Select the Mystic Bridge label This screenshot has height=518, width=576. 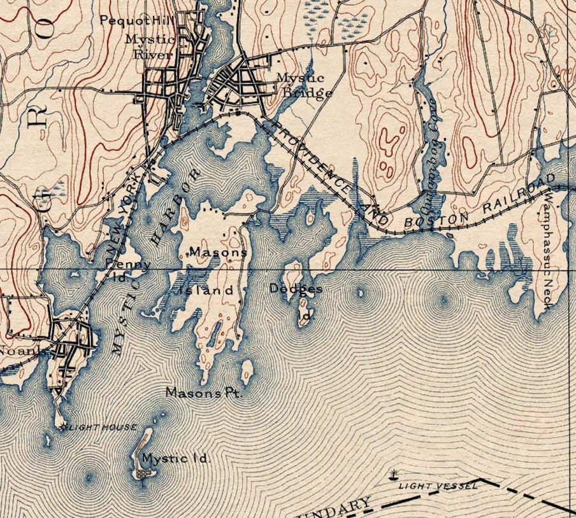pos(304,85)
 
